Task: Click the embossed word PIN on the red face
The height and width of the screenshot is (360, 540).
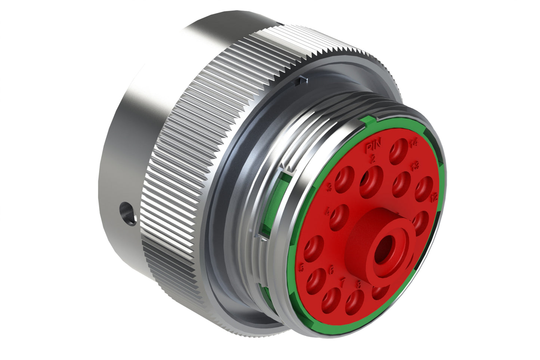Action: pyautogui.click(x=371, y=146)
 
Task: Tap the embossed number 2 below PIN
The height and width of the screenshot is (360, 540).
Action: pyautogui.click(x=373, y=160)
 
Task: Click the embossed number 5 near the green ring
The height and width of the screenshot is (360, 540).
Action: pyautogui.click(x=302, y=267)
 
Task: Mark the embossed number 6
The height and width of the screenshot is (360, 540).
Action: pyautogui.click(x=330, y=270)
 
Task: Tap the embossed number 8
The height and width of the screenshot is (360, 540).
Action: pyautogui.click(x=359, y=284)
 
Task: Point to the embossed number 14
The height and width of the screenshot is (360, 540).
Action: pyautogui.click(x=413, y=142)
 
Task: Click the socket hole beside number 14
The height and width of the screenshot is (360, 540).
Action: pyautogui.click(x=398, y=150)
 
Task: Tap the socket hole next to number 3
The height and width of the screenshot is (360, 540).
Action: pyautogui.click(x=345, y=179)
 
